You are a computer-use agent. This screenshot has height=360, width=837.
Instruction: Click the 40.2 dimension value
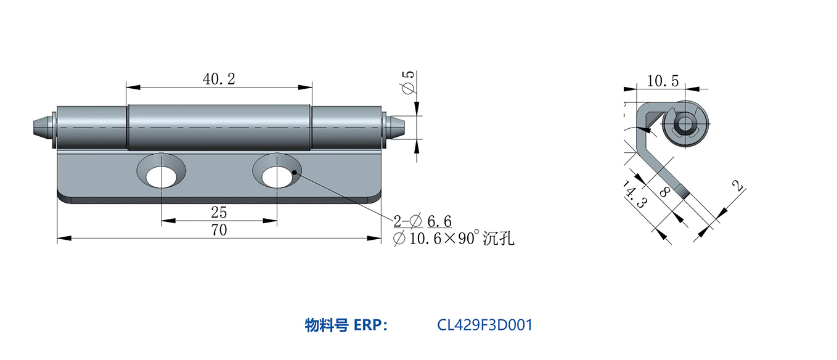coord(219,79)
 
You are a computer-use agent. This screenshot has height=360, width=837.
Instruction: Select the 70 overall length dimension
coord(219,231)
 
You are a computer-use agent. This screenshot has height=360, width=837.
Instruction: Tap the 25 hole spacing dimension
coord(219,213)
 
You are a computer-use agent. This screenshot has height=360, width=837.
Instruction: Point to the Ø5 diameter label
coord(408,83)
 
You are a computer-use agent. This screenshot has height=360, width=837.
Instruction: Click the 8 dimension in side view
coord(664,192)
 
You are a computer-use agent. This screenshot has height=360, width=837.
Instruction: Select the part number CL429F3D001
coord(484,325)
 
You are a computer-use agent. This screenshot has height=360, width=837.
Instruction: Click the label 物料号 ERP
coord(346,325)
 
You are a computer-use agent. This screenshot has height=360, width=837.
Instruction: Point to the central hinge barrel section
coord(219,127)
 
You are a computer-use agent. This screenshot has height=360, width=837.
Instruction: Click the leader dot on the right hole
coord(295,172)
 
